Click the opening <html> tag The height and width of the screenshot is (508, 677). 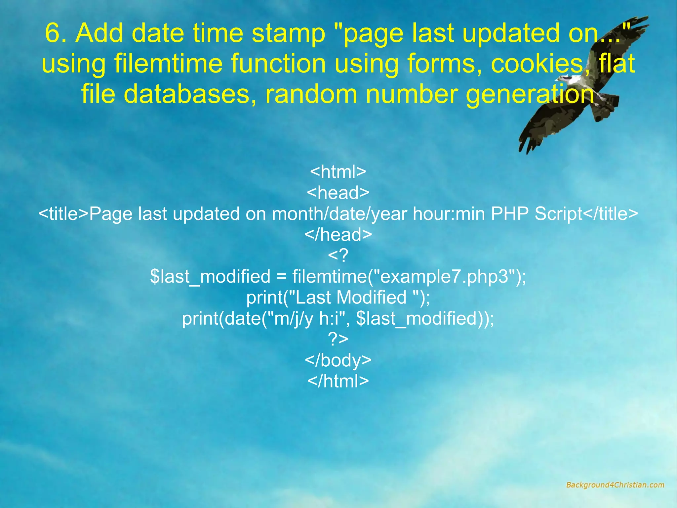tap(338, 171)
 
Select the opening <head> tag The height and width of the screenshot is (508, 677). tap(338, 193)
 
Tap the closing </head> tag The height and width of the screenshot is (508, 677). tap(338, 234)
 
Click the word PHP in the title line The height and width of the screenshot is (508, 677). tap(510, 213)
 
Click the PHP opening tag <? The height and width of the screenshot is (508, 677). tap(338, 255)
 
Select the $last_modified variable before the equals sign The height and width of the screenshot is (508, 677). tap(210, 276)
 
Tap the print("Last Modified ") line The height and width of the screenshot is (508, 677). tap(338, 297)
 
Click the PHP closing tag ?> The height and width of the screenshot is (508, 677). tap(338, 339)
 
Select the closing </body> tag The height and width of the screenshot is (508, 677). tap(338, 360)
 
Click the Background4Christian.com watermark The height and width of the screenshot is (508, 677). tap(615, 485)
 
